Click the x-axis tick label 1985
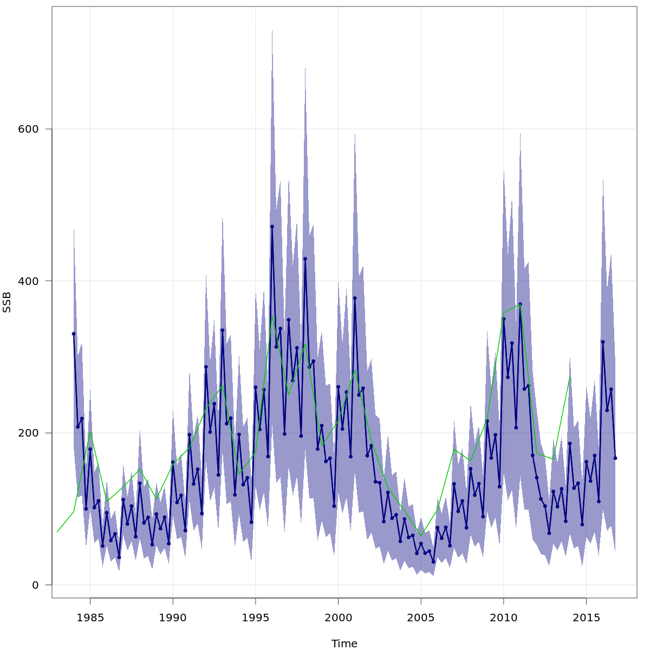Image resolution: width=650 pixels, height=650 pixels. pyautogui.click(x=90, y=618)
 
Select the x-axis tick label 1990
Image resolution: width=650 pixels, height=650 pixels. pyautogui.click(x=173, y=618)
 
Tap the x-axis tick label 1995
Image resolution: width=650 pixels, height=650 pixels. pyautogui.click(x=255, y=618)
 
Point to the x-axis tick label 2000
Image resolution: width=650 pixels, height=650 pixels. pyautogui.click(x=338, y=618)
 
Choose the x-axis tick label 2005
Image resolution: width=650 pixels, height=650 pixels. pyautogui.click(x=421, y=618)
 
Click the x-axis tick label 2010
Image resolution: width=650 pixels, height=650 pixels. pyautogui.click(x=503, y=618)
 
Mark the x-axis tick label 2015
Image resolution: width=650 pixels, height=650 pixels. pyautogui.click(x=586, y=618)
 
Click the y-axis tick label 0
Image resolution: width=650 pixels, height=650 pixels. pyautogui.click(x=35, y=585)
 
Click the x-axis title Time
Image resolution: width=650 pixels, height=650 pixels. pyautogui.click(x=344, y=644)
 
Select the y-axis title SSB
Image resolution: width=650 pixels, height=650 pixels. pyautogui.click(x=7, y=302)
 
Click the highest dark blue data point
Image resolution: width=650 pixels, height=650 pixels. pyautogui.click(x=272, y=226)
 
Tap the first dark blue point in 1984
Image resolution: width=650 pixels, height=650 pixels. pyautogui.click(x=74, y=334)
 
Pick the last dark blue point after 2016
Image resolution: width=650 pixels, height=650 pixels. pyautogui.click(x=615, y=458)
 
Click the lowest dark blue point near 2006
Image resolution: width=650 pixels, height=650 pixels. pyautogui.click(x=433, y=562)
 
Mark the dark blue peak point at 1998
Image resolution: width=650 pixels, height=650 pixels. pyautogui.click(x=305, y=259)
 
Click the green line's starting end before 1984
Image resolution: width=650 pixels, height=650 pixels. pyautogui.click(x=57, y=532)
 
